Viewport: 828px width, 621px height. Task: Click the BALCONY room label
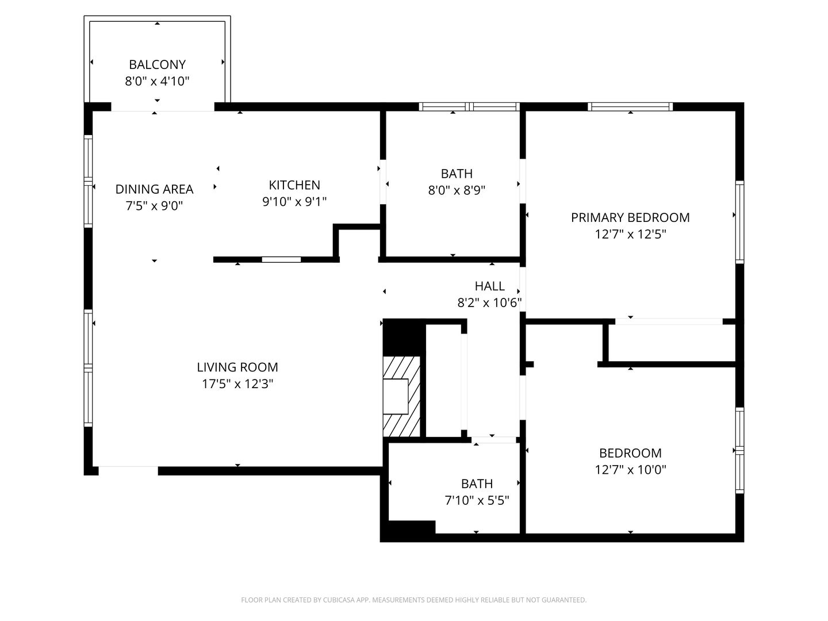coord(157,64)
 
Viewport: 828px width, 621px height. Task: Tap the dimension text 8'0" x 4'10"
coord(157,81)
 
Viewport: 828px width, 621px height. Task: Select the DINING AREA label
coord(154,189)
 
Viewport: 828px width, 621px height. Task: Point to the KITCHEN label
coord(294,185)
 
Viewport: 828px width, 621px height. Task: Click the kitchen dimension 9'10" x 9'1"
coord(294,202)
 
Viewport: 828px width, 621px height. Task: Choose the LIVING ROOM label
coord(237,367)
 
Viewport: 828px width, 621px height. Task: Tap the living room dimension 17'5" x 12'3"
coord(237,384)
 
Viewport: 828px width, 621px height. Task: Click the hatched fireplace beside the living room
coord(401,396)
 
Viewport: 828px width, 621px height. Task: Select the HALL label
coord(489,286)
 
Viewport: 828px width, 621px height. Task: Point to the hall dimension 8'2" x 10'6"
coord(489,302)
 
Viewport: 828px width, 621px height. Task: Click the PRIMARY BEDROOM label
coord(630,217)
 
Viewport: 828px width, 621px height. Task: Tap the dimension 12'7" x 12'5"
coord(630,234)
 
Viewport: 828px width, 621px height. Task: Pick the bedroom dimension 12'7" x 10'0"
coord(630,469)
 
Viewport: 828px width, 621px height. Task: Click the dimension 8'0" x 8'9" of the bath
coord(457,190)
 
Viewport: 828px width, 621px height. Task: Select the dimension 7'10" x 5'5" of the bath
coord(477,500)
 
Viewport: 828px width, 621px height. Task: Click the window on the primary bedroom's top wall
coord(630,107)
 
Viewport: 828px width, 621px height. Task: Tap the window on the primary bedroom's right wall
coord(739,222)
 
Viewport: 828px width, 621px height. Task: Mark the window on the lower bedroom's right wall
coord(739,450)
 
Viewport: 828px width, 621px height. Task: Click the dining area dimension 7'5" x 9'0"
coord(154,206)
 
